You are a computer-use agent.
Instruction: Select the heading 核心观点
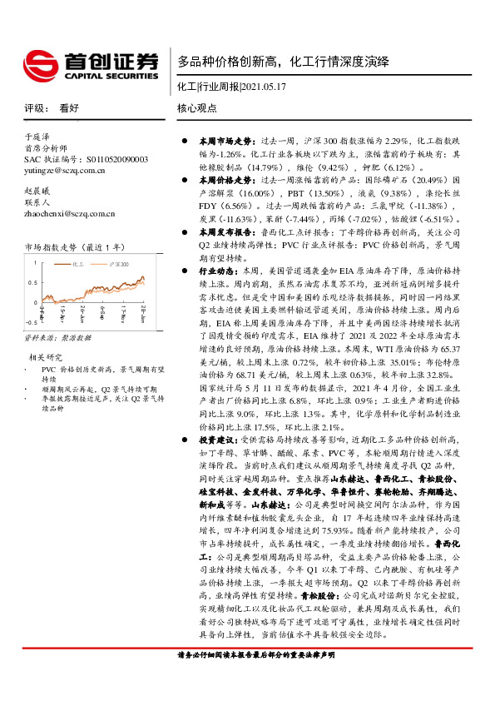point(197,108)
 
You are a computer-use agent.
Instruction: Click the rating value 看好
point(69,108)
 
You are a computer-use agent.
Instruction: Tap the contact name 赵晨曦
point(38,190)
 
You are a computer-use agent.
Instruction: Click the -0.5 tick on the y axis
point(30,321)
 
